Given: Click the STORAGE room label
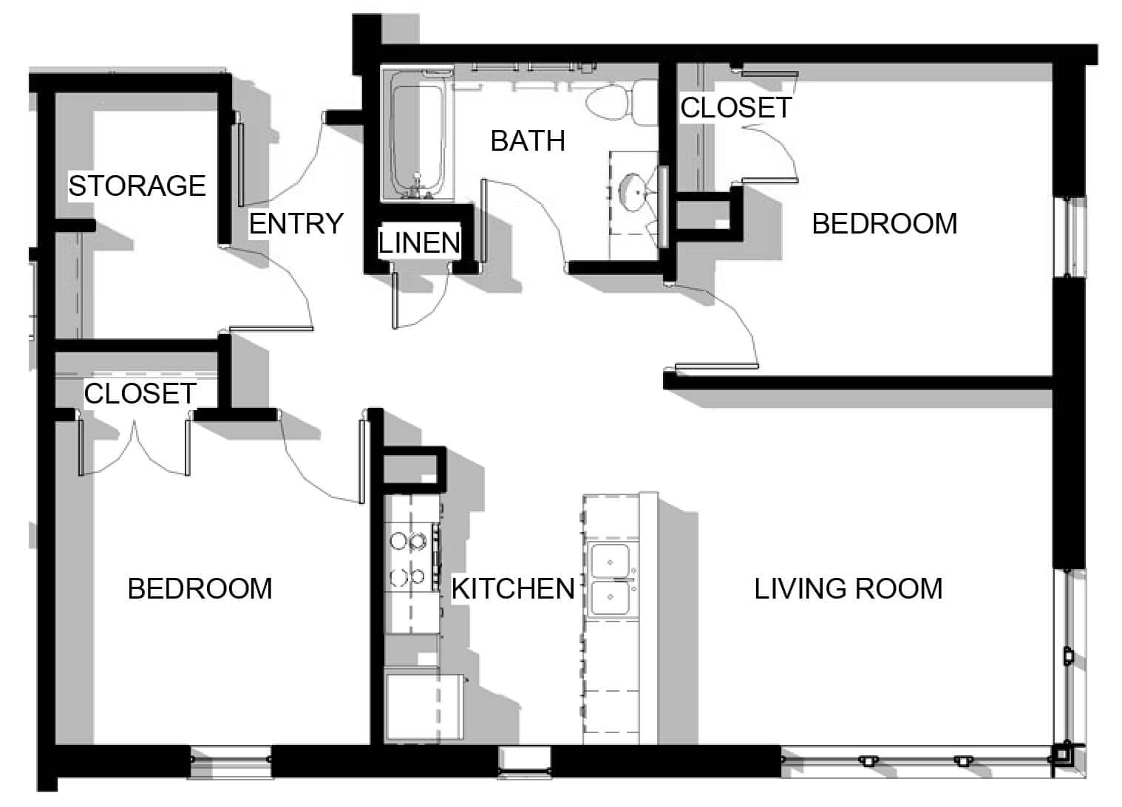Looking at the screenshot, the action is pos(137,185).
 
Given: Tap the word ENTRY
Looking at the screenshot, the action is pos(296,223).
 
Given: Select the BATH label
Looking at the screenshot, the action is pos(528,140).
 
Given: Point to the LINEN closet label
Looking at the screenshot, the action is pos(419,243).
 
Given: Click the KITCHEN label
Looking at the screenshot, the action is pos(513,588).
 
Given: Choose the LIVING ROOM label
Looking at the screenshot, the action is pos(849,588).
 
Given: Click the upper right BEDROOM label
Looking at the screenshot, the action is pos(885,223).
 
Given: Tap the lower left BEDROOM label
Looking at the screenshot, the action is pos(200,588).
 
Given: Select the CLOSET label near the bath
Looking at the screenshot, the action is pos(736,108).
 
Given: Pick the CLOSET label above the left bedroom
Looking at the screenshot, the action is pos(140,394).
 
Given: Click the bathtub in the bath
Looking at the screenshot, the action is pos(418,135).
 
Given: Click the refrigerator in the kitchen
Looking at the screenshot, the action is pos(424,706).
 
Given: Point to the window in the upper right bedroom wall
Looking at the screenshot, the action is pos(1070,236).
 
